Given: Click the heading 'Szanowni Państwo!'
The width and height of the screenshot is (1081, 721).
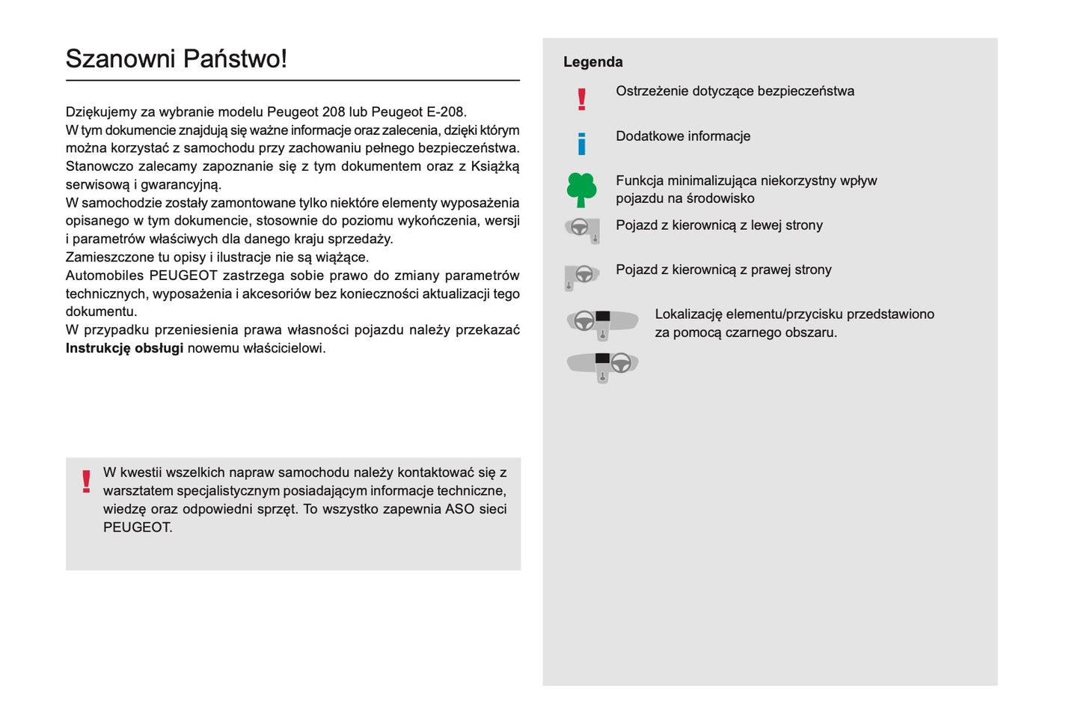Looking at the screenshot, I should point(176,58).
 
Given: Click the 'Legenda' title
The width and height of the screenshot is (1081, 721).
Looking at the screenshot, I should point(592,62).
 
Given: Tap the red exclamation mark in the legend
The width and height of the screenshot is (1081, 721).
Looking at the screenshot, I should point(581,99).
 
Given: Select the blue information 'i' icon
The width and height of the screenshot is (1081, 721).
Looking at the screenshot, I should point(581,143).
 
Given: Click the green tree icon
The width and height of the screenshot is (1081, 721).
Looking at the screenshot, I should point(581,189).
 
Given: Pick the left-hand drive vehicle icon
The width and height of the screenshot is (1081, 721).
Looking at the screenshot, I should point(582,230).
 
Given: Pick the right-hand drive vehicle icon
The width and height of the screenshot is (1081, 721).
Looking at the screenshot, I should point(582,276).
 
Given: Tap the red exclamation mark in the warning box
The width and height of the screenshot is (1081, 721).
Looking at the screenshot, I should point(87,481).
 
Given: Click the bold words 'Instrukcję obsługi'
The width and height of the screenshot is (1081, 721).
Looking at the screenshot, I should point(124,348).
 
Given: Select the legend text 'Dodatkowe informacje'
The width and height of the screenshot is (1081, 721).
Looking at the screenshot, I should point(682,136).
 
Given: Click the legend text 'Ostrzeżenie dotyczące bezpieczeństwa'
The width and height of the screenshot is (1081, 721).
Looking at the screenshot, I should point(735,91).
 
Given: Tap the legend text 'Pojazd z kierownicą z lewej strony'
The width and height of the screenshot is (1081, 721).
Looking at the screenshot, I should point(719,225).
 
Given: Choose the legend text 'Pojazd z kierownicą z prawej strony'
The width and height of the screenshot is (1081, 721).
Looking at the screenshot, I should point(723,270).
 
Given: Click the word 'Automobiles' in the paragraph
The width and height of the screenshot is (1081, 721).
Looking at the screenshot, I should point(104,276).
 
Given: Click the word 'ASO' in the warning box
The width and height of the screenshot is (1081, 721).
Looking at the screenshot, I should point(459,509).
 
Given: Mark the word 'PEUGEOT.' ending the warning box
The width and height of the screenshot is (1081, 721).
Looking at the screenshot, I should point(138,527).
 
